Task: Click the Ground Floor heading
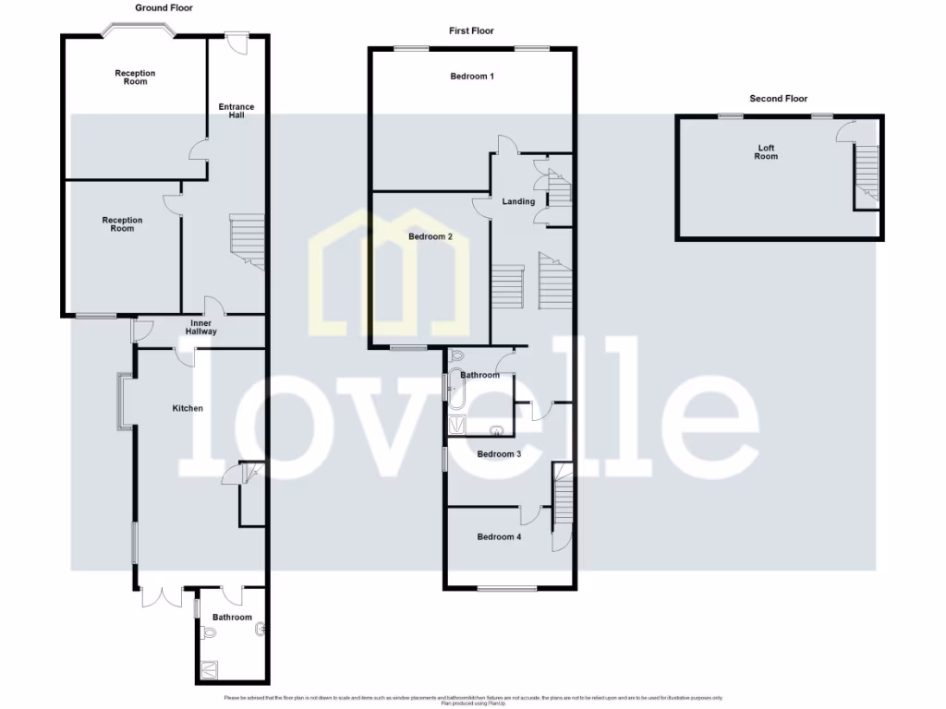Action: (164, 7)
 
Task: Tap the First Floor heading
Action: (471, 30)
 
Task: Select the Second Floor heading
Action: (779, 98)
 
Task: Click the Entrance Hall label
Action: (236, 111)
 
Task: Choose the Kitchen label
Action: (188, 408)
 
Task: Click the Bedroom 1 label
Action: (472, 76)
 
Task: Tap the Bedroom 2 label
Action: (431, 236)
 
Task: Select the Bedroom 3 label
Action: (499, 453)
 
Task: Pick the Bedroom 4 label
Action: (499, 536)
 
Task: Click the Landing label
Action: (518, 201)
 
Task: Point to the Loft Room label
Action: (766, 152)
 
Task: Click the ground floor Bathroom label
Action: (232, 617)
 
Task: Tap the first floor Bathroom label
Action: (480, 375)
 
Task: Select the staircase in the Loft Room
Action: (866, 175)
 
